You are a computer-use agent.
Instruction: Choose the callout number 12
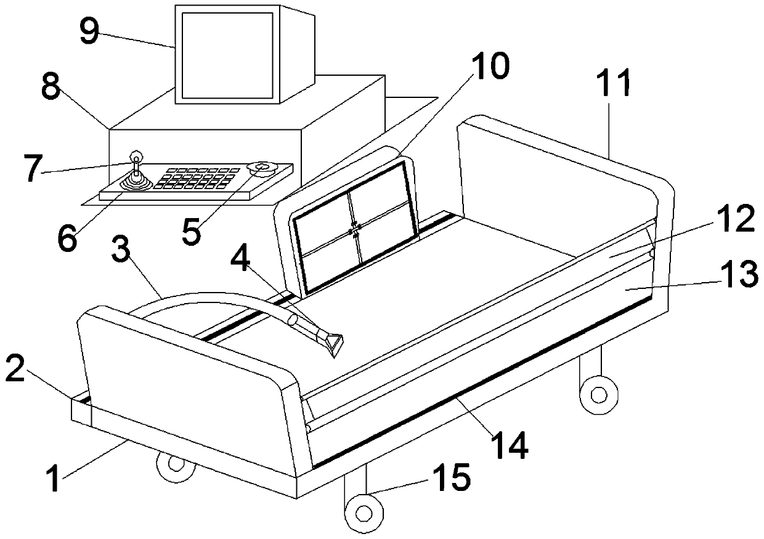[x=736, y=220]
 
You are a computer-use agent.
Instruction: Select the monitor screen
[x=227, y=55]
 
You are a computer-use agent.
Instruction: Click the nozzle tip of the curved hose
[x=334, y=342]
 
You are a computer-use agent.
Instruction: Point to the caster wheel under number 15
[x=364, y=512]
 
